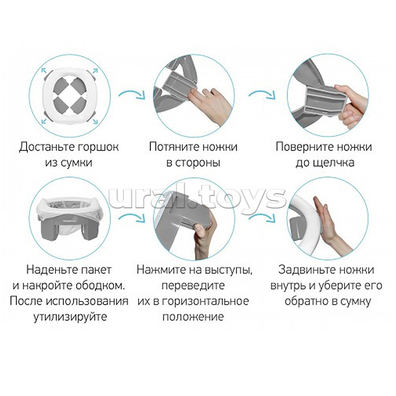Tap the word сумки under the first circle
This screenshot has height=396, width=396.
pos(76,163)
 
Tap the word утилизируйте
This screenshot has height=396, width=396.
pos(68,316)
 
